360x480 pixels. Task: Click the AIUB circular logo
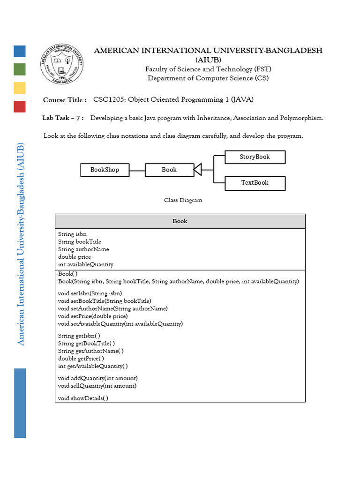coord(62,65)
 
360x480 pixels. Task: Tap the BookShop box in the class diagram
coord(105,170)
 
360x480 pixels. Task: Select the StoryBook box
coord(255,157)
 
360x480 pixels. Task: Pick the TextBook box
coord(255,183)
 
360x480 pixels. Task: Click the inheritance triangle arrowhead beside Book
coord(198,170)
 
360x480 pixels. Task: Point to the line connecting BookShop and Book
coord(137,170)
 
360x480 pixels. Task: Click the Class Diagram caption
coord(183,200)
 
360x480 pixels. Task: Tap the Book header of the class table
coord(180,221)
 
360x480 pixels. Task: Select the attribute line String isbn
coord(72,234)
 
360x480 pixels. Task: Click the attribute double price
coord(75,257)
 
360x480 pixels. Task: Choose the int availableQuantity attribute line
coord(86,264)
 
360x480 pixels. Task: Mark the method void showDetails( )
coord(83,398)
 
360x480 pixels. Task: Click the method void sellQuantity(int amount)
coord(97,386)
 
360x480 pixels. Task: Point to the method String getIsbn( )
coord(79,336)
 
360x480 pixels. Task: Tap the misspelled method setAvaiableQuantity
coord(120,323)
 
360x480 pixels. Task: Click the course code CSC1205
coord(109,99)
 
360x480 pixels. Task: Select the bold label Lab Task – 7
coord(63,118)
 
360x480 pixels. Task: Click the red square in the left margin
coord(20,106)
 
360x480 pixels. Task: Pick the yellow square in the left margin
coord(20,88)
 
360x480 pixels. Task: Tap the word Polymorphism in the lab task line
coord(301,118)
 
